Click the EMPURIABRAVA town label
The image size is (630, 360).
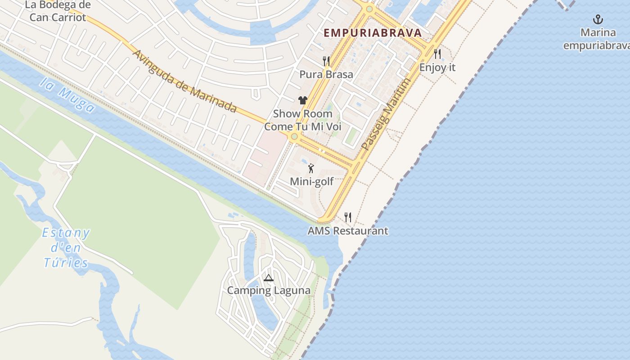(373, 33)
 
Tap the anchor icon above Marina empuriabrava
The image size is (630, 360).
(598, 19)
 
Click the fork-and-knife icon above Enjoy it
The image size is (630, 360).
(437, 54)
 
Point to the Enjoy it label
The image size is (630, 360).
(437, 67)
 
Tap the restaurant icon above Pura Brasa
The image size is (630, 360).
(326, 61)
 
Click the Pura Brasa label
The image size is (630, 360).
(326, 74)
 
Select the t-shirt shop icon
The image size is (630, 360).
(302, 100)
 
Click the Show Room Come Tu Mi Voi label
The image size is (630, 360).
(303, 120)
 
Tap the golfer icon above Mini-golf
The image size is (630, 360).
(311, 169)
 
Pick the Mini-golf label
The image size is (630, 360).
(312, 182)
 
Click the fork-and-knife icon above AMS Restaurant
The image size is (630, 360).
(347, 217)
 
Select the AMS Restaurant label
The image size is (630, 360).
(348, 231)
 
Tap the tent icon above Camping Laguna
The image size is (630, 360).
(269, 278)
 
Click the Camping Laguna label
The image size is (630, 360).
(269, 290)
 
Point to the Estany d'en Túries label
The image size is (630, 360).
(66, 247)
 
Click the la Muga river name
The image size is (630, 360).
(67, 94)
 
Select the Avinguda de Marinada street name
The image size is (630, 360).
(184, 81)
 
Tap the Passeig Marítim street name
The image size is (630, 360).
(386, 115)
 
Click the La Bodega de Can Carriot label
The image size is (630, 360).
(58, 11)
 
